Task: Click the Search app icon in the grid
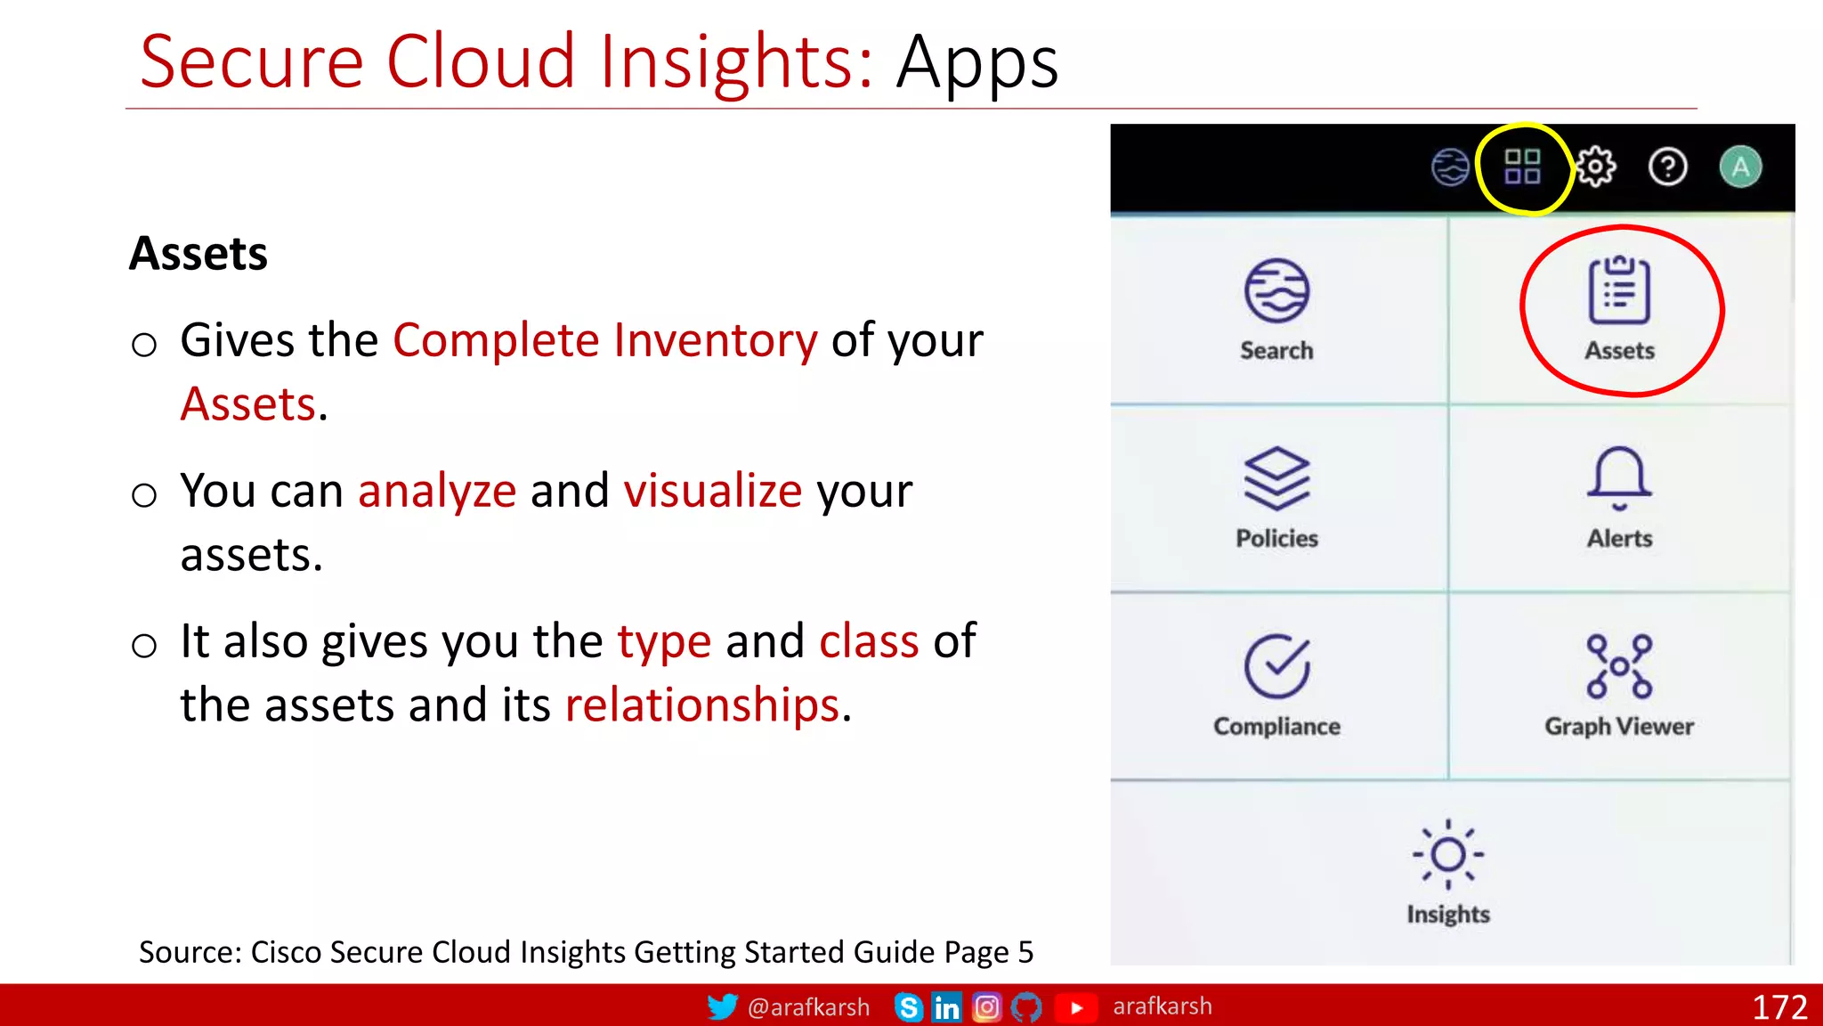[1276, 291]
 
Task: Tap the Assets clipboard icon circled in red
[1619, 291]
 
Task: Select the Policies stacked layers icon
[1276, 479]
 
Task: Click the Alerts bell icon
[1619, 478]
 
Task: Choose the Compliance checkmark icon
[1276, 666]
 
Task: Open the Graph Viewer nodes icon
[1619, 666]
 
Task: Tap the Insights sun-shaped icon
[1448, 854]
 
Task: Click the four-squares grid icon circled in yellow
[1522, 167]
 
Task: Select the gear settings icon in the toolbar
[1595, 167]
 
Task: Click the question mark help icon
[1667, 167]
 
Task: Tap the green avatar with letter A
[1740, 167]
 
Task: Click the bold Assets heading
[199, 254]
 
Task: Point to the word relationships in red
[702, 705]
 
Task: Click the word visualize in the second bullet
[713, 491]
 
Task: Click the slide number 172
[1779, 1007]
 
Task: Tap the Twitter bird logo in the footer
[722, 1006]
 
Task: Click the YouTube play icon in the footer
[1076, 1007]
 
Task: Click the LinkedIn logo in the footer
[946, 1007]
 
